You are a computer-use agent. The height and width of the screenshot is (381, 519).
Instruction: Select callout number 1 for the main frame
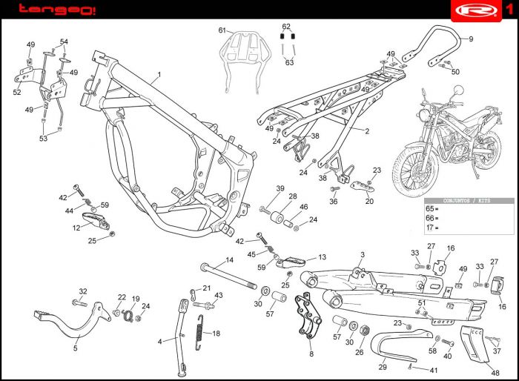(158, 76)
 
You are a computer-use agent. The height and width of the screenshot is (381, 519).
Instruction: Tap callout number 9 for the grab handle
(470, 39)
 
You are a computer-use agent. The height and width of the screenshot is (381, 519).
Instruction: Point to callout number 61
(221, 30)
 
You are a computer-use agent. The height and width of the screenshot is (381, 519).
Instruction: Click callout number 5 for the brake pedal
(75, 348)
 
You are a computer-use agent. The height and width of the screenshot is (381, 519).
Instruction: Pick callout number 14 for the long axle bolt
(230, 259)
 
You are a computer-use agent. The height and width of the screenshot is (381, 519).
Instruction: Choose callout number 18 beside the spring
(216, 334)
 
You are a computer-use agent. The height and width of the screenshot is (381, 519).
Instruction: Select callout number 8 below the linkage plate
(311, 354)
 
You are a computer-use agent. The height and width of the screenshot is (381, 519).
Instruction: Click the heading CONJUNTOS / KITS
(466, 200)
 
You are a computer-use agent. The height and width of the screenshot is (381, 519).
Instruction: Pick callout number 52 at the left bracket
(17, 93)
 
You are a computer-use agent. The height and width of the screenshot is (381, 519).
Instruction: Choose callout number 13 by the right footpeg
(322, 257)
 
